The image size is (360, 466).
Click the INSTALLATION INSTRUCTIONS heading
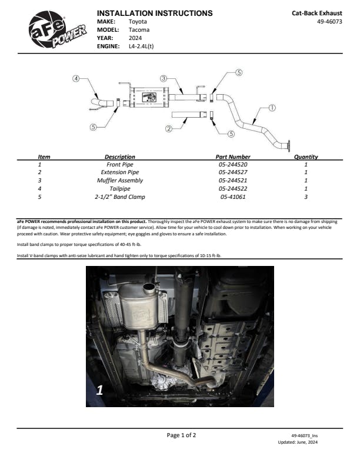[x=154, y=13]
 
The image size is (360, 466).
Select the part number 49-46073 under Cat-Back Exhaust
[x=329, y=21]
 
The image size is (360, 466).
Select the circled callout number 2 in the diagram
[x=169, y=128]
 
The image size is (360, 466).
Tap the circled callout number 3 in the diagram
[x=164, y=78]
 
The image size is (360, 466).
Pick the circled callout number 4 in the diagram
[x=76, y=79]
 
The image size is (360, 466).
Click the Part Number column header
[x=234, y=157]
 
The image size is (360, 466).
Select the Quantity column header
[x=306, y=157]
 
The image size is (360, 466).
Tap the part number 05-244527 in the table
[x=234, y=172]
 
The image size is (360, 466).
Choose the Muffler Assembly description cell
[x=120, y=181]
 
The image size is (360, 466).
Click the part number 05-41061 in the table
[x=234, y=197]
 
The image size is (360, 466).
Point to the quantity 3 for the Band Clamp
[x=306, y=197]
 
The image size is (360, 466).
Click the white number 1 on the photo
[x=99, y=390]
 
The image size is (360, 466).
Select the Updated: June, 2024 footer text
[x=298, y=441]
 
